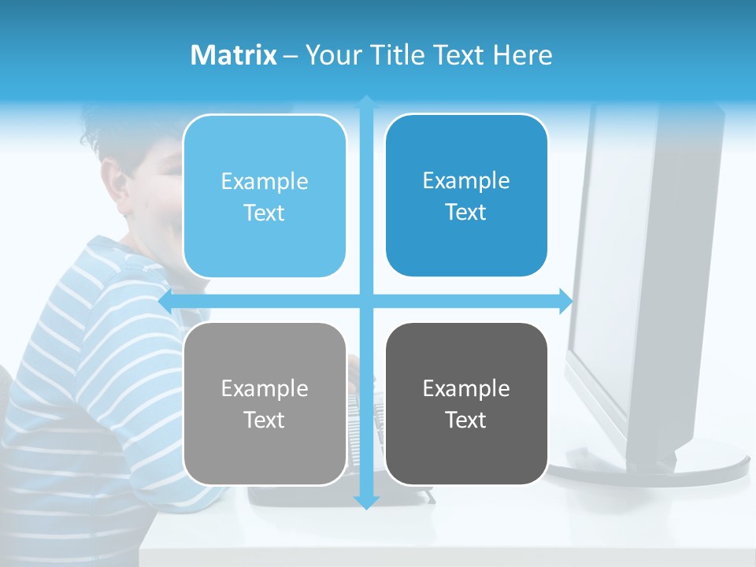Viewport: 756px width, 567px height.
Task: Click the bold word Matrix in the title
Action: [x=233, y=55]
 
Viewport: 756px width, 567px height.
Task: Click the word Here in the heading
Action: [x=523, y=55]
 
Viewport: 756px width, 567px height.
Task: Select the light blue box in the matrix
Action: [x=265, y=196]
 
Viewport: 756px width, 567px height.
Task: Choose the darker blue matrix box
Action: [x=466, y=195]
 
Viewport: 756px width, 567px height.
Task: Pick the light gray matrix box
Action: [x=265, y=403]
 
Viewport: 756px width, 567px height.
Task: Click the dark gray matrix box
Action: [x=466, y=403]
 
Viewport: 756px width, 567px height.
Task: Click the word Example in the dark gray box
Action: [x=466, y=388]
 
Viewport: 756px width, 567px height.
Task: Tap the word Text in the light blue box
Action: [x=265, y=213]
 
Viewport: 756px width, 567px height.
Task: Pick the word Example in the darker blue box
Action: [x=466, y=180]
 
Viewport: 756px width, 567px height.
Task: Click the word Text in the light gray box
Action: [x=265, y=420]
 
